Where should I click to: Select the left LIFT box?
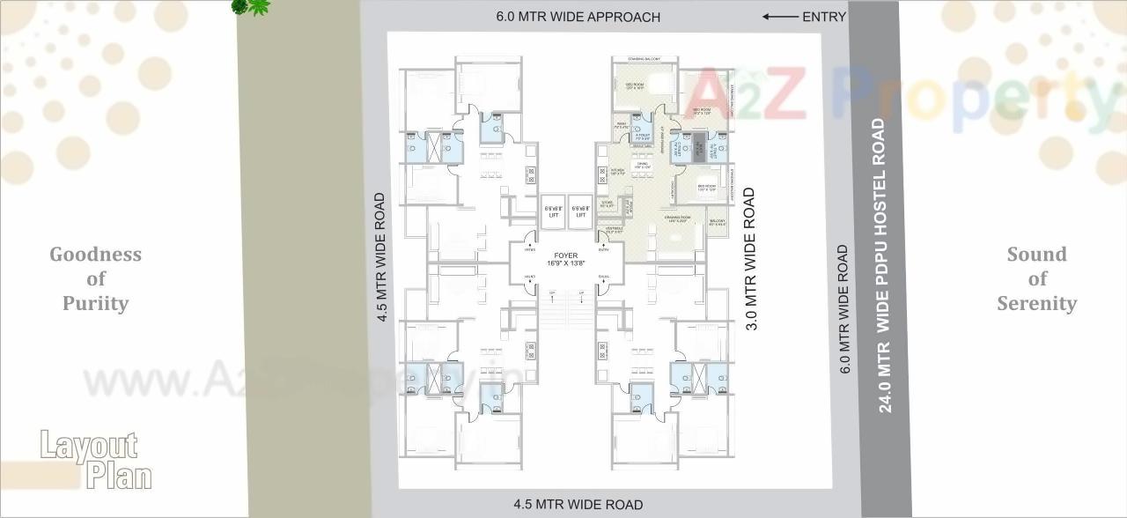tap(552, 212)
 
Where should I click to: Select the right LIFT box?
tap(580, 212)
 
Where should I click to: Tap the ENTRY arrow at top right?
tap(780, 17)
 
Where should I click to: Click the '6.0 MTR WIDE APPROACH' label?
tap(578, 17)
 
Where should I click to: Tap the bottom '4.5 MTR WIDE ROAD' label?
tap(578, 505)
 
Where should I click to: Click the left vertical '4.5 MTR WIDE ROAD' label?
tap(381, 258)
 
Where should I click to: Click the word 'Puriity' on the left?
tap(95, 303)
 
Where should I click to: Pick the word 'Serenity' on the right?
tap(1036, 303)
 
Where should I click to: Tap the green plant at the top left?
tap(251, 8)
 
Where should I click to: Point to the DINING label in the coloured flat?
tap(643, 165)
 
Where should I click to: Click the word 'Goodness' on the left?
tap(95, 255)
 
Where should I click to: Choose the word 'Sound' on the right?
tap(1036, 255)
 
